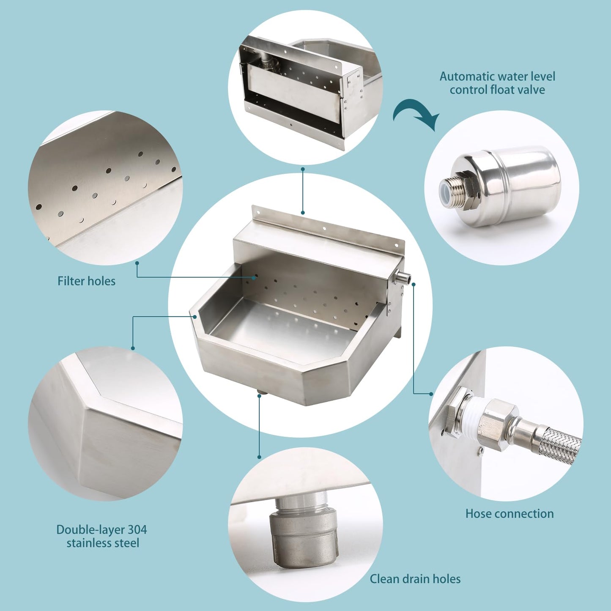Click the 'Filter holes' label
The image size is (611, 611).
pos(86,281)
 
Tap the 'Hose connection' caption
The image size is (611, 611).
pos(510,514)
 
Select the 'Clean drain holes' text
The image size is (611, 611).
pos(415,579)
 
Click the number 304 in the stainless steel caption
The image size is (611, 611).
pos(137,530)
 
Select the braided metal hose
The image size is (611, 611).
pos(558,444)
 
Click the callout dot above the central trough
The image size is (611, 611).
pos(303,213)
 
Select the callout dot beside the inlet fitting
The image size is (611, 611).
pos(414,284)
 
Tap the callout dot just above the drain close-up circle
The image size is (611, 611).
pos(259,457)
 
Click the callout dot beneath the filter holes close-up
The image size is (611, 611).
pos(137,263)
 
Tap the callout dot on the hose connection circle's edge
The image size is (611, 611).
pos(431,394)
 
